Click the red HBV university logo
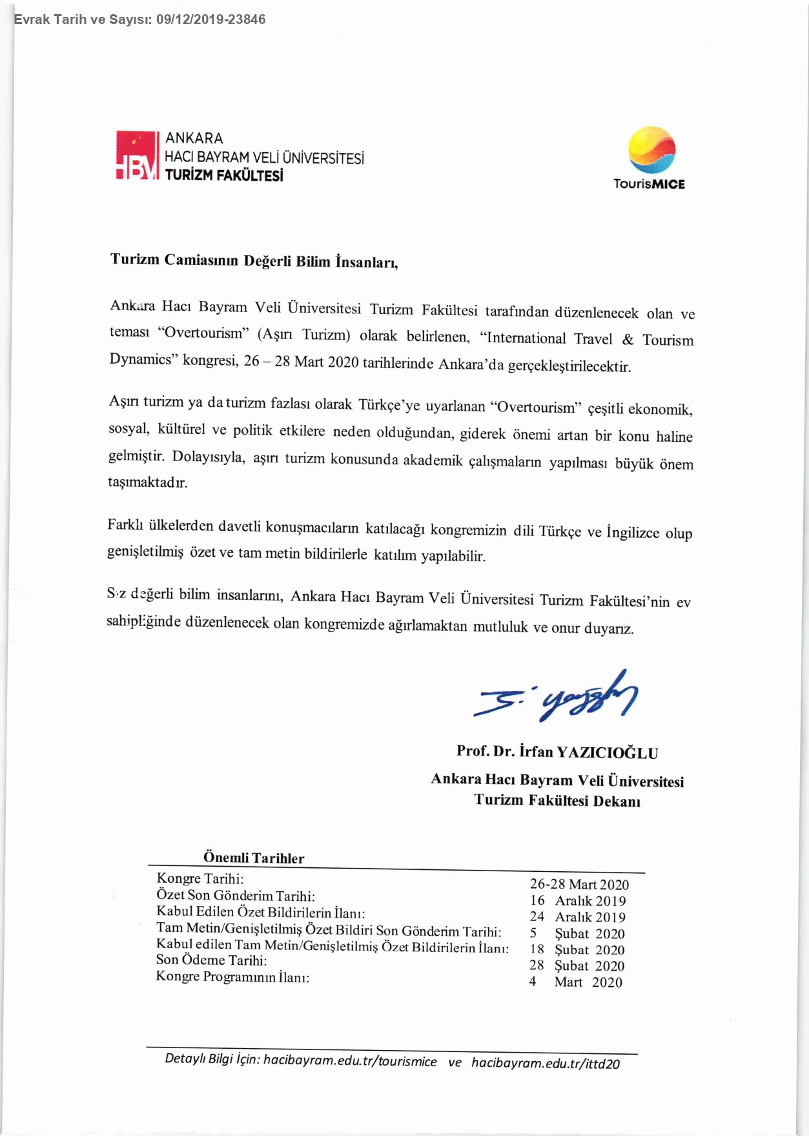coord(137,156)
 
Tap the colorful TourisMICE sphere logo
coord(651,150)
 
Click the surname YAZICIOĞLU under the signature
coord(607,753)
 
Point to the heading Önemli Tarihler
coord(254,858)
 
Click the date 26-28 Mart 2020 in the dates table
coord(579,884)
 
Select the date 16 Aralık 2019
coord(578,901)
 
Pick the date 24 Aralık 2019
coord(578,917)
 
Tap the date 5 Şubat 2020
coord(577,934)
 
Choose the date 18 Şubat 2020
coord(577,950)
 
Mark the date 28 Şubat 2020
coord(577,966)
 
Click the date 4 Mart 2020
coord(576,982)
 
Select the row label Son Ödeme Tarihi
coord(211,960)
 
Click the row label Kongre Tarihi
coord(200,879)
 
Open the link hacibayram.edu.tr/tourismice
coord(350,1061)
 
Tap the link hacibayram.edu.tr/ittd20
coord(545,1063)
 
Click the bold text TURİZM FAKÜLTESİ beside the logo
coord(224,176)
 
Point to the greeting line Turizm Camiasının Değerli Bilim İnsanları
coord(254,261)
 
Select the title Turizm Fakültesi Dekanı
coord(557,801)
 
